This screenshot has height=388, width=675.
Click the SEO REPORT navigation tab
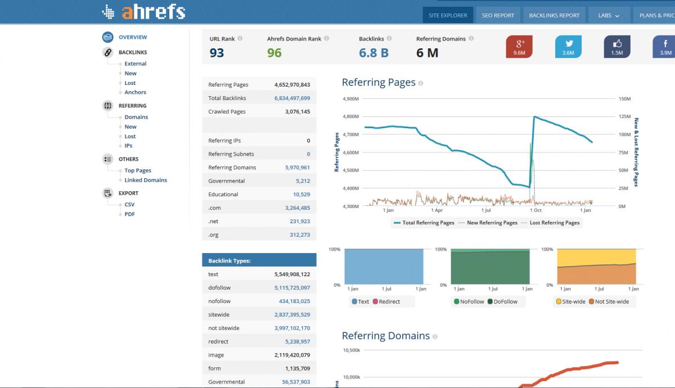point(498,15)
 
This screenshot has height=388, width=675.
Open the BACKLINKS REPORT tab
point(554,15)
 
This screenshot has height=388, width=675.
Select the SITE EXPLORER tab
point(448,15)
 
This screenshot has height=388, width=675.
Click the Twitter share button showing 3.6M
point(568,47)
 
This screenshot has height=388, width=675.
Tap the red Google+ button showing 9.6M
point(519,47)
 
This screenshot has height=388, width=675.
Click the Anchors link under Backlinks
point(136,92)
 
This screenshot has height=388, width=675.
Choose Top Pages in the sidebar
point(138,170)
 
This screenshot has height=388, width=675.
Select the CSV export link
point(129,204)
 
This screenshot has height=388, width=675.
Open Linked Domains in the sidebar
point(146,180)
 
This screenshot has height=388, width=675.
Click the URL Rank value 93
point(217,53)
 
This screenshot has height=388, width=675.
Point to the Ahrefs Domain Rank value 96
point(274,53)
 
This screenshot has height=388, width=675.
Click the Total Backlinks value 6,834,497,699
point(292,98)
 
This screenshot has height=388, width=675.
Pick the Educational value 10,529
point(301,195)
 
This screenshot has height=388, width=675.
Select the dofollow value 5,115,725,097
point(292,288)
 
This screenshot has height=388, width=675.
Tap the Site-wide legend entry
point(570,301)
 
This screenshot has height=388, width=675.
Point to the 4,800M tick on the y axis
point(351,116)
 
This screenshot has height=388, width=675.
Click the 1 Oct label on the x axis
point(535,210)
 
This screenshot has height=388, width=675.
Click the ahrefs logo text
point(154,12)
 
